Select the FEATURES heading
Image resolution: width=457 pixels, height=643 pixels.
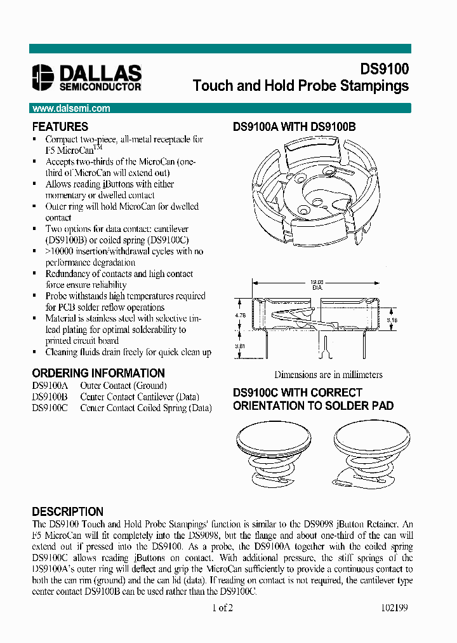tap(60, 126)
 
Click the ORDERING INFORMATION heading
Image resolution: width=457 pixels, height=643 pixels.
tap(98, 373)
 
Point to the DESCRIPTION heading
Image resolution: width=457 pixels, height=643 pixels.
tap(67, 511)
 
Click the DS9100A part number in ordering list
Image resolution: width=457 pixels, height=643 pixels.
tap(50, 386)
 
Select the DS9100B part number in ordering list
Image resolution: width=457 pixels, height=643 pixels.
tap(50, 397)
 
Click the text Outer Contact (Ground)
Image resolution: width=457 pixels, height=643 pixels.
tap(123, 386)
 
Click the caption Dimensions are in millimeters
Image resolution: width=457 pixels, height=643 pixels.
tap(328, 375)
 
